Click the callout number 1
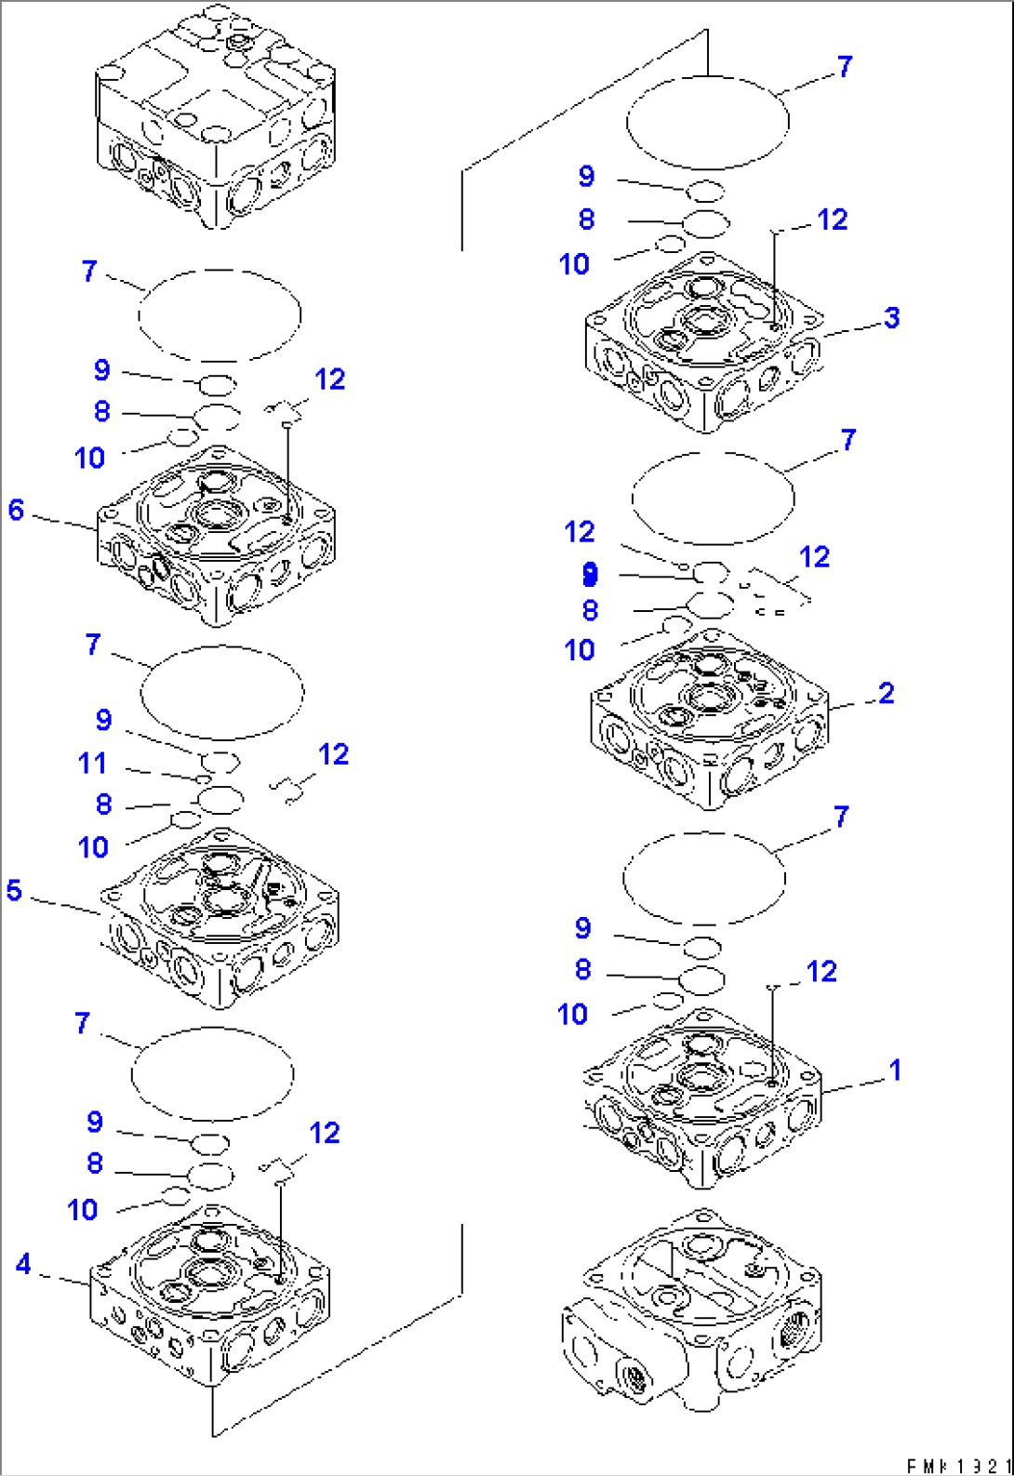coord(895,1070)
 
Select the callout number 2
coord(886,693)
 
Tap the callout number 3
coord(892,317)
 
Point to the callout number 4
coord(23,1263)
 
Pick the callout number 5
coord(14,890)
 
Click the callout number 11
coord(92,763)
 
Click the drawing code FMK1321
coord(958,1466)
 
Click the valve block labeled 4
coord(210,1297)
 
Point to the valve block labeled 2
coord(709,721)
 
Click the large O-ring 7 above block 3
coord(708,122)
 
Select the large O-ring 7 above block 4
coord(213,1074)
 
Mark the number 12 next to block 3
coord(832,219)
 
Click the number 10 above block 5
coord(93,847)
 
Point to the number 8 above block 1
coord(583,969)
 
